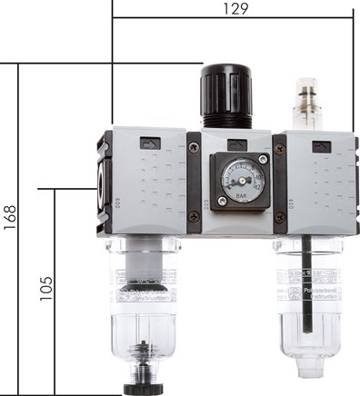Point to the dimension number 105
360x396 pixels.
click(x=52, y=290)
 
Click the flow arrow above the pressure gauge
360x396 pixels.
click(x=237, y=144)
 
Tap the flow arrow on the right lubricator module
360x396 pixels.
click(x=319, y=146)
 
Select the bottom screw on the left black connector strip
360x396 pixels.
click(x=193, y=216)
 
